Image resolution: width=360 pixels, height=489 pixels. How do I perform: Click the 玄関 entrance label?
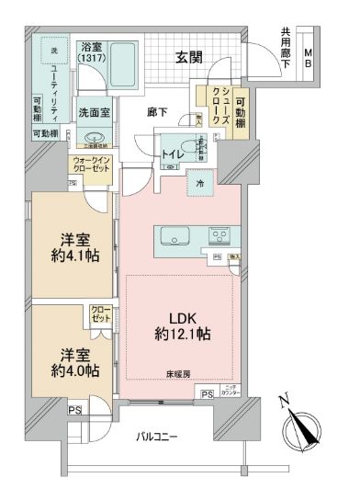(191, 57)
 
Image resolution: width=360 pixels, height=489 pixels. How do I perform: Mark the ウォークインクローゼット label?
(91, 167)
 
